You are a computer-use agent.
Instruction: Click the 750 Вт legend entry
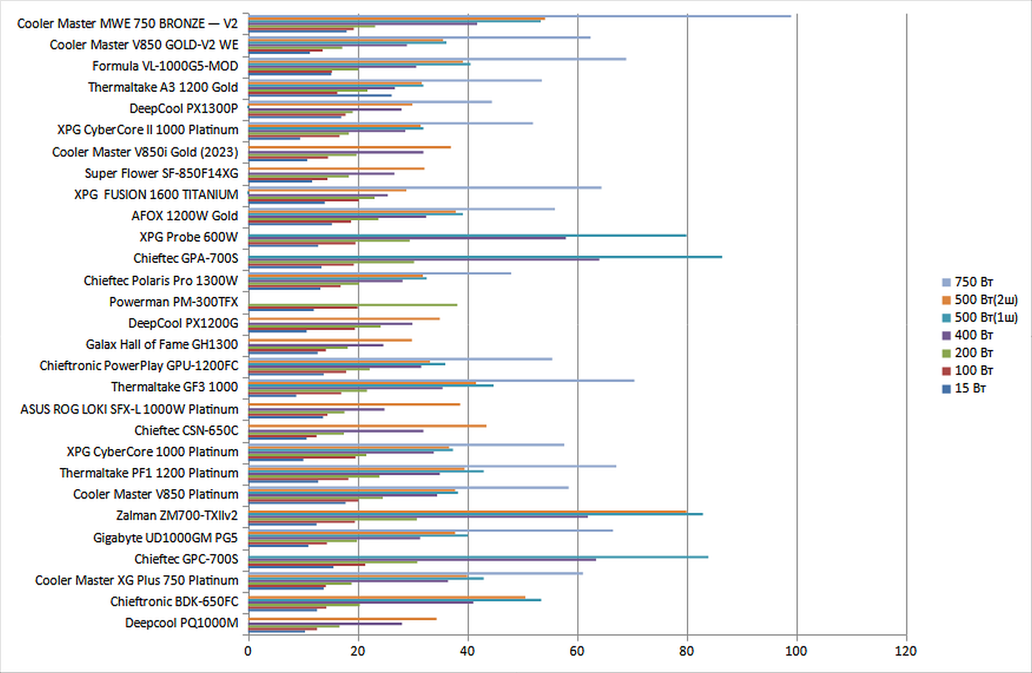pos(973,282)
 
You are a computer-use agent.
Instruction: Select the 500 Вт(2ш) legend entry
pos(985,300)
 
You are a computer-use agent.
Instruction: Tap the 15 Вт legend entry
pos(970,388)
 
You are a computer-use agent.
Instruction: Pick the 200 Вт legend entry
pos(973,353)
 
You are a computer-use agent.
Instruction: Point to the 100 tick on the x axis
pos(796,651)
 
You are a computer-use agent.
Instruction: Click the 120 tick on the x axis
pos(905,651)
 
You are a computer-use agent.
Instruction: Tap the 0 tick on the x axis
pos(248,651)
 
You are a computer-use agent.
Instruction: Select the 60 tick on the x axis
pos(577,651)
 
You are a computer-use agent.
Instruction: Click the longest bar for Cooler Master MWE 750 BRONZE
pos(518,16)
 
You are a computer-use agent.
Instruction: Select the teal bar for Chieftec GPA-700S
pos(483,257)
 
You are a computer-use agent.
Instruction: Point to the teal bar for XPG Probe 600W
pos(465,235)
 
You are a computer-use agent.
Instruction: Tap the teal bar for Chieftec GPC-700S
pos(477,557)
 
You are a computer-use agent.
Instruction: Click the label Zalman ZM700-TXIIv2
pos(177,516)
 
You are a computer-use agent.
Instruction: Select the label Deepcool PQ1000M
pos(181,623)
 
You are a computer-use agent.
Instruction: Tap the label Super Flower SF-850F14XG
pos(161,173)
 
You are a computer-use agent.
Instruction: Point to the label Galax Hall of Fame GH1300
pos(162,344)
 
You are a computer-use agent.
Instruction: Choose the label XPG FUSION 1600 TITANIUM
pos(156,194)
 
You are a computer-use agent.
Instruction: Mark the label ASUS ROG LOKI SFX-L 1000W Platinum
pos(130,409)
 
